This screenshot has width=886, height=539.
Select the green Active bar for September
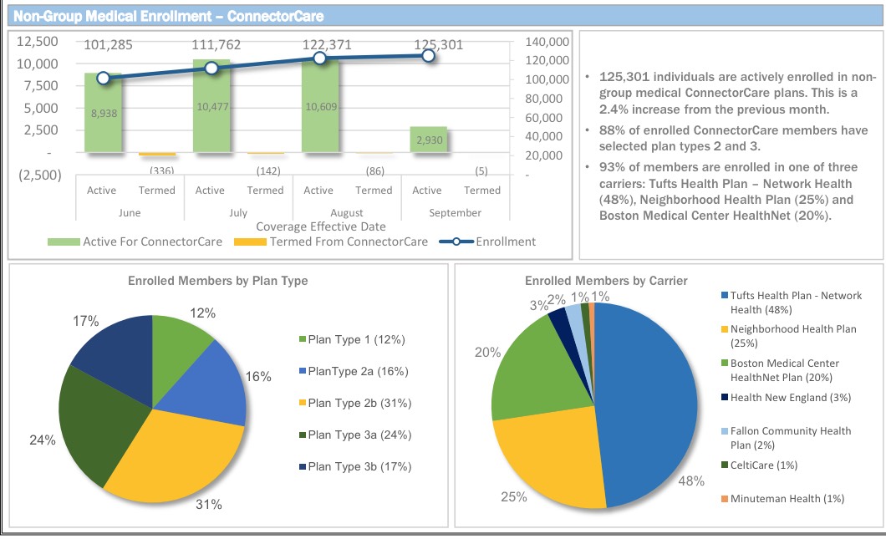point(428,140)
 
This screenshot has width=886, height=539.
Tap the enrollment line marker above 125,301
point(428,55)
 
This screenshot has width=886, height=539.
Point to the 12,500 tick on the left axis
point(38,41)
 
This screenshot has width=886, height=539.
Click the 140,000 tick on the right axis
point(548,42)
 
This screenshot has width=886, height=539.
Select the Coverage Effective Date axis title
point(321,226)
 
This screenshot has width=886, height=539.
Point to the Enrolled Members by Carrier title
point(606,281)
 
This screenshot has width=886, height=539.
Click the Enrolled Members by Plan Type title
point(217,281)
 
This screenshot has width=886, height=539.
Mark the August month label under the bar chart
point(346,213)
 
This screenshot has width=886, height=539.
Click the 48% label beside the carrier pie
point(693,481)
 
